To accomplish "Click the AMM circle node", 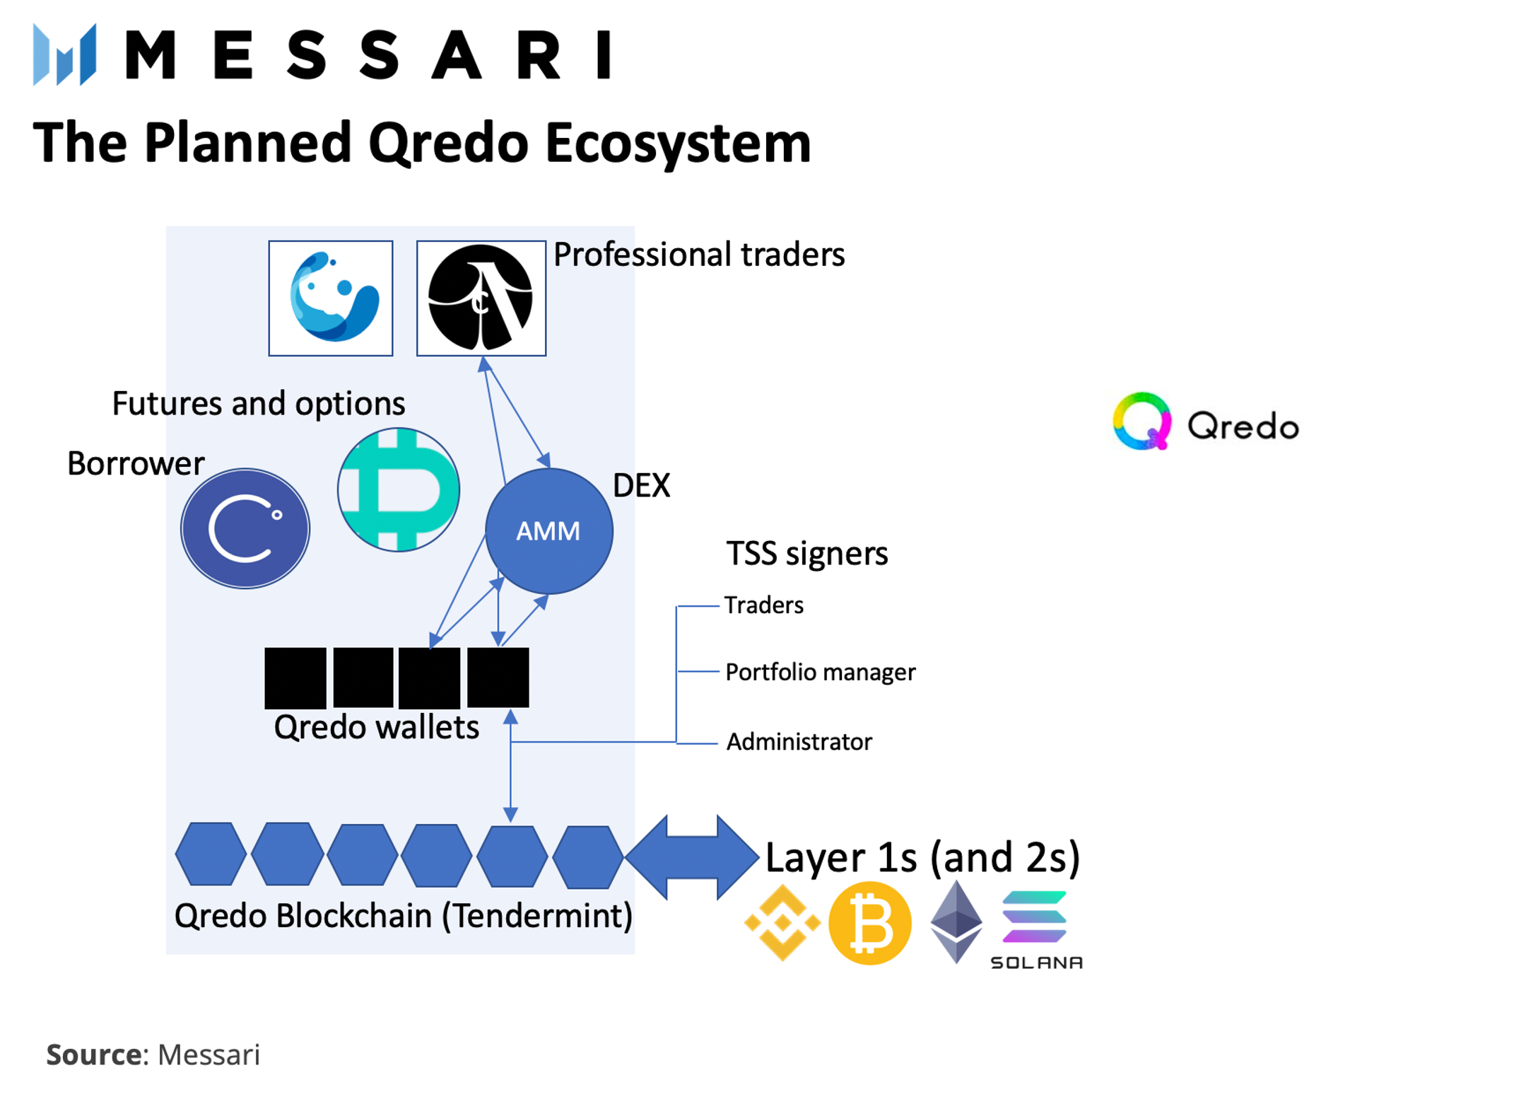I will pyautogui.click(x=548, y=530).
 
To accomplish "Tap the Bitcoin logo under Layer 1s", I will pyautogui.click(x=869, y=922).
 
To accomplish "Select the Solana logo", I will pyautogui.click(x=1035, y=927).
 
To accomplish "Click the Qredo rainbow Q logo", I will pyautogui.click(x=1141, y=421).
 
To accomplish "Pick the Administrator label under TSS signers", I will pyautogui.click(x=798, y=741).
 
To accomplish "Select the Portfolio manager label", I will pyautogui.click(x=819, y=671).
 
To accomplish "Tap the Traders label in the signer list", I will pyautogui.click(x=763, y=605).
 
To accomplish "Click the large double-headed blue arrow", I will pyautogui.click(x=691, y=856).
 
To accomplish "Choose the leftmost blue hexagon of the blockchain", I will pyautogui.click(x=211, y=853).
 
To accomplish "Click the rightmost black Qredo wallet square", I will pyautogui.click(x=498, y=677).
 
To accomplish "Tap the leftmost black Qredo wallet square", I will pyautogui.click(x=295, y=677).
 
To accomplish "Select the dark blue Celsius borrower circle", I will pyautogui.click(x=245, y=528).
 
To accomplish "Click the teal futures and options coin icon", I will pyautogui.click(x=398, y=489).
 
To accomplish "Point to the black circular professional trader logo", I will pyautogui.click(x=480, y=297).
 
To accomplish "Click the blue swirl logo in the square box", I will pyautogui.click(x=330, y=297).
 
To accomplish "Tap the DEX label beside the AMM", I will pyautogui.click(x=640, y=485).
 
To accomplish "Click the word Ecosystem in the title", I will pyautogui.click(x=677, y=143).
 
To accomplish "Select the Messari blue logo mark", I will pyautogui.click(x=64, y=54).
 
